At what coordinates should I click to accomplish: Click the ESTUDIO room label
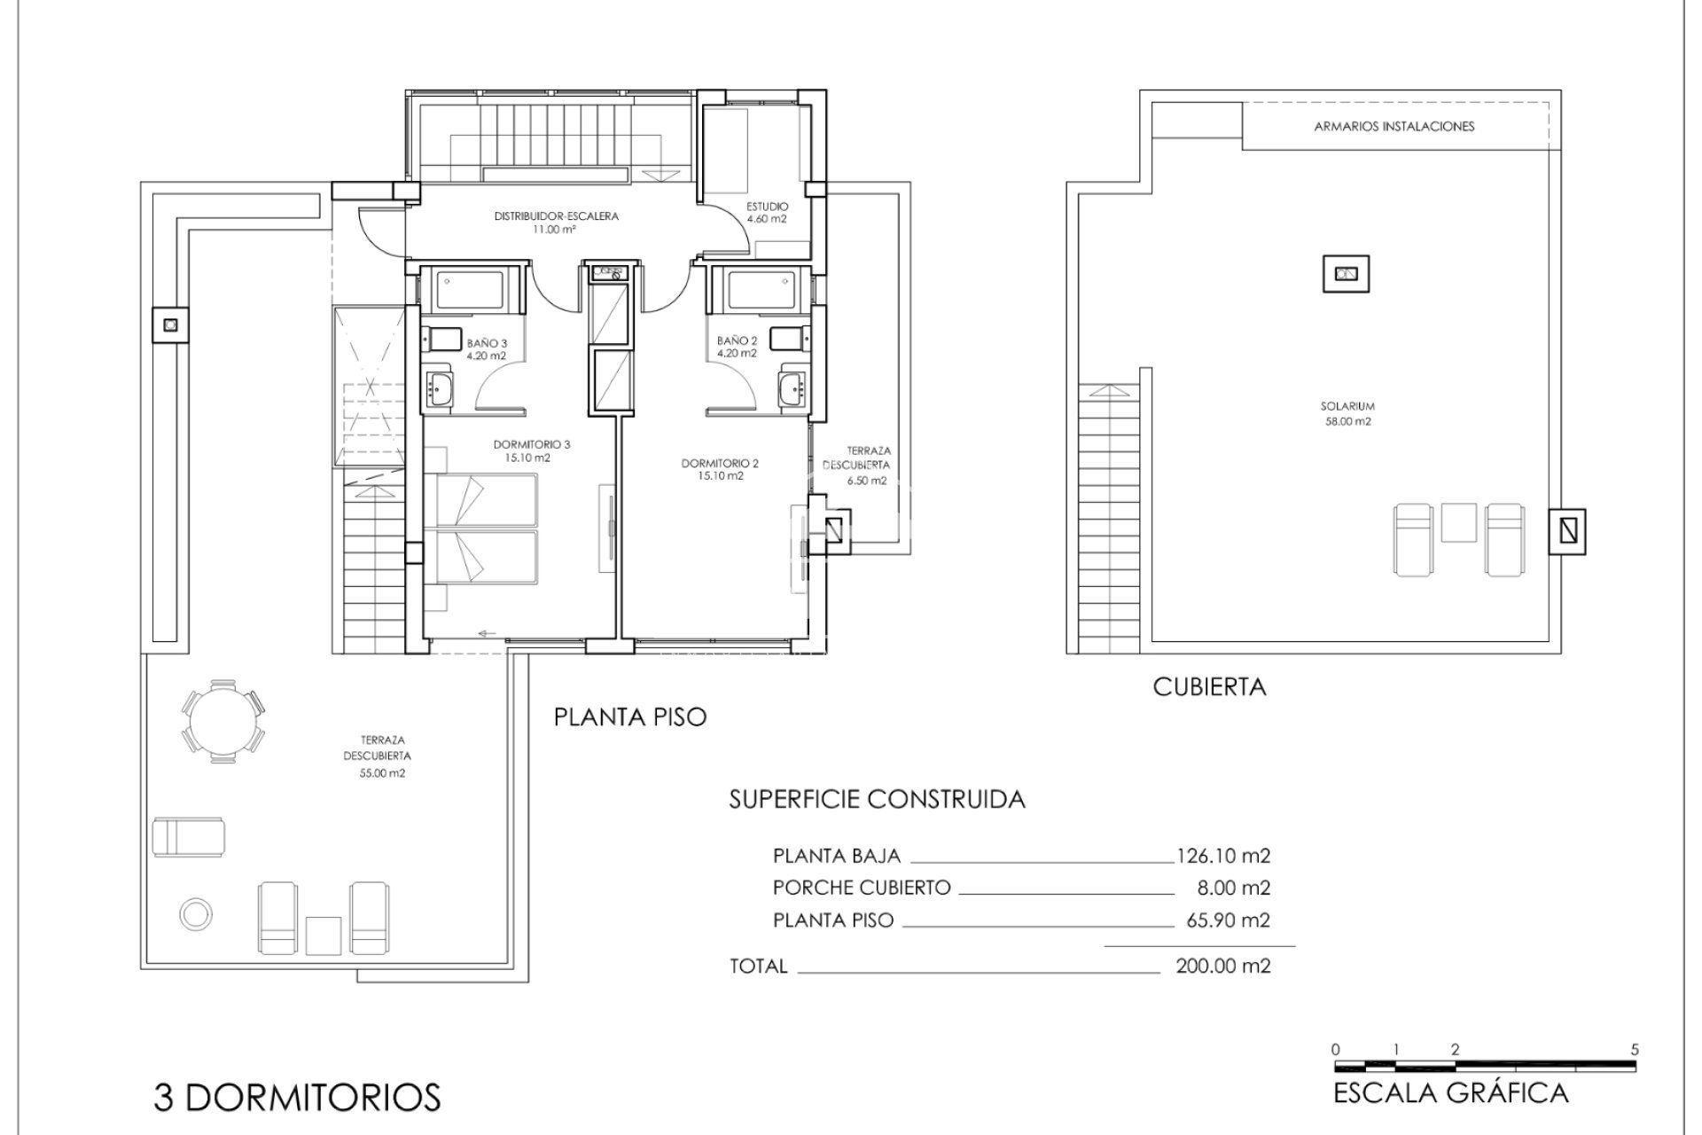768,207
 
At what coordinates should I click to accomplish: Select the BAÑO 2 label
737,340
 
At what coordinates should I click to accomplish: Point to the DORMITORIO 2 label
720,463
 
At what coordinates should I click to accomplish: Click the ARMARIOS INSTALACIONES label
1394,127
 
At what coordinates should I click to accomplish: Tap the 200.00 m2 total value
1222,966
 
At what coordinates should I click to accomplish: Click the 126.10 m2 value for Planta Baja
1222,856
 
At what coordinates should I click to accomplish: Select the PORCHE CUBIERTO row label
861,888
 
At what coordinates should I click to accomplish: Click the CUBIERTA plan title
1209,686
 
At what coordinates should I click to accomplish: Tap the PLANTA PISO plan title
630,716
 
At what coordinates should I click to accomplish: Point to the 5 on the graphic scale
1634,1049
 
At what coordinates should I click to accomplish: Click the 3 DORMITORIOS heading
297,1098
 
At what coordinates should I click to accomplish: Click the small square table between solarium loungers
1458,521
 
